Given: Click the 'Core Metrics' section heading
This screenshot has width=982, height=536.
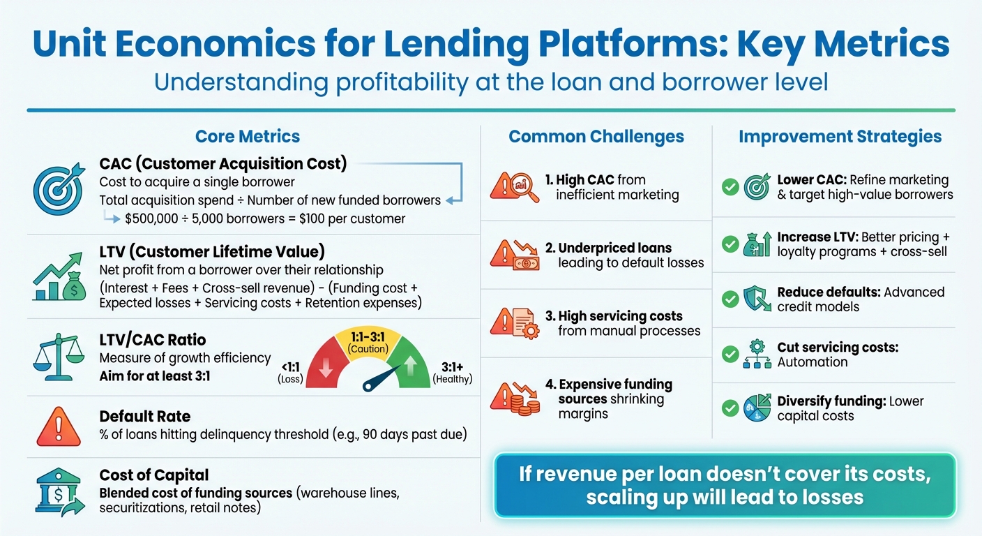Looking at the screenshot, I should click(x=247, y=136).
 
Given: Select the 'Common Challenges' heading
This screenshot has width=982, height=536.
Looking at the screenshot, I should click(x=596, y=136).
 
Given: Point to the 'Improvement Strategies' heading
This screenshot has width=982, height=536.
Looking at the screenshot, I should click(x=840, y=136).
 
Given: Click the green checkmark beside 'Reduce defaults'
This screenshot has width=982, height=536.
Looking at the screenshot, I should click(x=730, y=299).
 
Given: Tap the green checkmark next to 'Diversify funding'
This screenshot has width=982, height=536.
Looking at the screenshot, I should click(x=730, y=408).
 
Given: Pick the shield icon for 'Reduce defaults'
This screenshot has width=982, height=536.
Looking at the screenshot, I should click(x=757, y=299).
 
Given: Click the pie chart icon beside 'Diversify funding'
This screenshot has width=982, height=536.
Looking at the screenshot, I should click(x=757, y=408).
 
